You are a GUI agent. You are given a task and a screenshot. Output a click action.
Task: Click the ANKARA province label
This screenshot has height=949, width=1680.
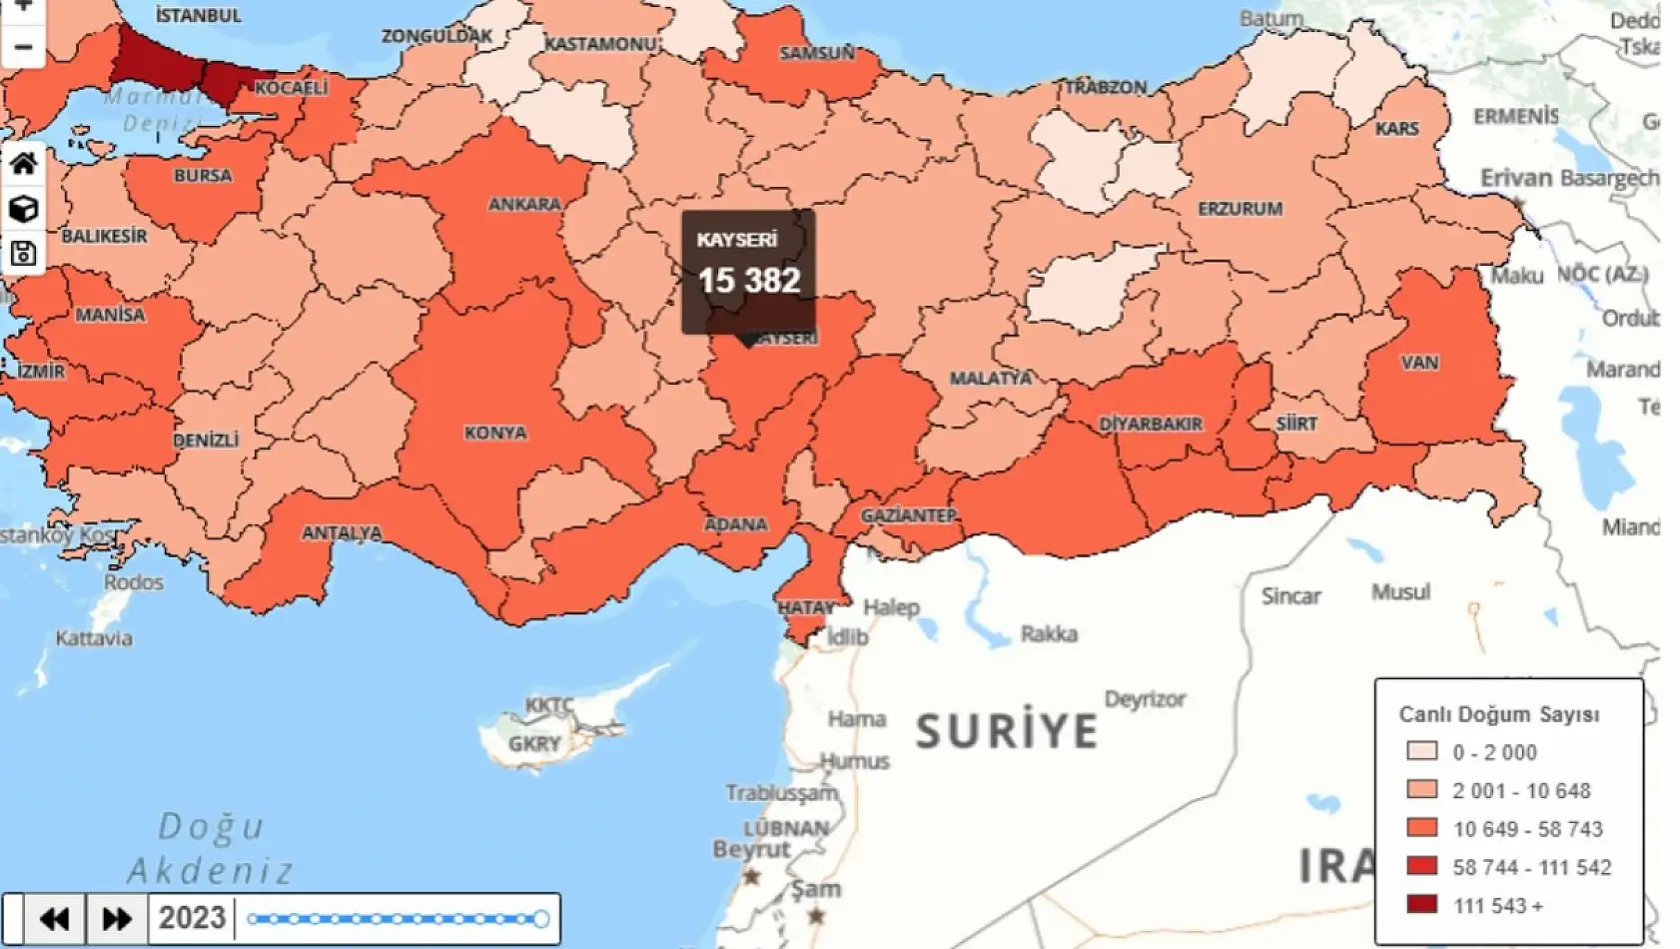(523, 205)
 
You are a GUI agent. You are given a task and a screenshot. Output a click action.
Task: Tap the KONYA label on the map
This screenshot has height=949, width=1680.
(495, 433)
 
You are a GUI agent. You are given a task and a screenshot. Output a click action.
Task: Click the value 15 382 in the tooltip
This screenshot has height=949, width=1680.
(749, 282)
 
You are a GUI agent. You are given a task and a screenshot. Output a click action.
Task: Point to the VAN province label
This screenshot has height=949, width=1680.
(1418, 363)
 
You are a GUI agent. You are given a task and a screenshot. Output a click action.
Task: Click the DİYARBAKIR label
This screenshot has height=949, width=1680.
(1151, 424)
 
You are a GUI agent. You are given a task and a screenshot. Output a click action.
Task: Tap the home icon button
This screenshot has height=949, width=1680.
(23, 164)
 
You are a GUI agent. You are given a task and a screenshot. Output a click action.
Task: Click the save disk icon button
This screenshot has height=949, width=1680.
(23, 254)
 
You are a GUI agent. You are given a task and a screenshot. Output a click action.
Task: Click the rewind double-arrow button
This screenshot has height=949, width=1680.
(54, 918)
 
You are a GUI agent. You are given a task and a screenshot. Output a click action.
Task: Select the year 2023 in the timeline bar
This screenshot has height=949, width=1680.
(192, 918)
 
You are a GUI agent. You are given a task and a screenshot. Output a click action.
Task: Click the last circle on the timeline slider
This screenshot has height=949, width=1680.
(540, 919)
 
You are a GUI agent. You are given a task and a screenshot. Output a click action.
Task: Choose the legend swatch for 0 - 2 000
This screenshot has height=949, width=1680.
(1421, 751)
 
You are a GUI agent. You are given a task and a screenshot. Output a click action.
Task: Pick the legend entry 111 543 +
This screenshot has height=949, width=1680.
(1497, 906)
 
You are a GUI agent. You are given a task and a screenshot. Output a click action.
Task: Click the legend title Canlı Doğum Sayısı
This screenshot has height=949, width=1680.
(1498, 714)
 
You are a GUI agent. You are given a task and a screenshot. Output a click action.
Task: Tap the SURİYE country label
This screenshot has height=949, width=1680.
(1007, 731)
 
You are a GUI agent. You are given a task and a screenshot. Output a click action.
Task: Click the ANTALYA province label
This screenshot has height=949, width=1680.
(342, 533)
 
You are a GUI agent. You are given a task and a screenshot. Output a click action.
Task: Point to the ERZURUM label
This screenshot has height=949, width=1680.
(1240, 209)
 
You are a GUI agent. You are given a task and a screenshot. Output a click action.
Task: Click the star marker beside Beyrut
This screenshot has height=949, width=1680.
(751, 877)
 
